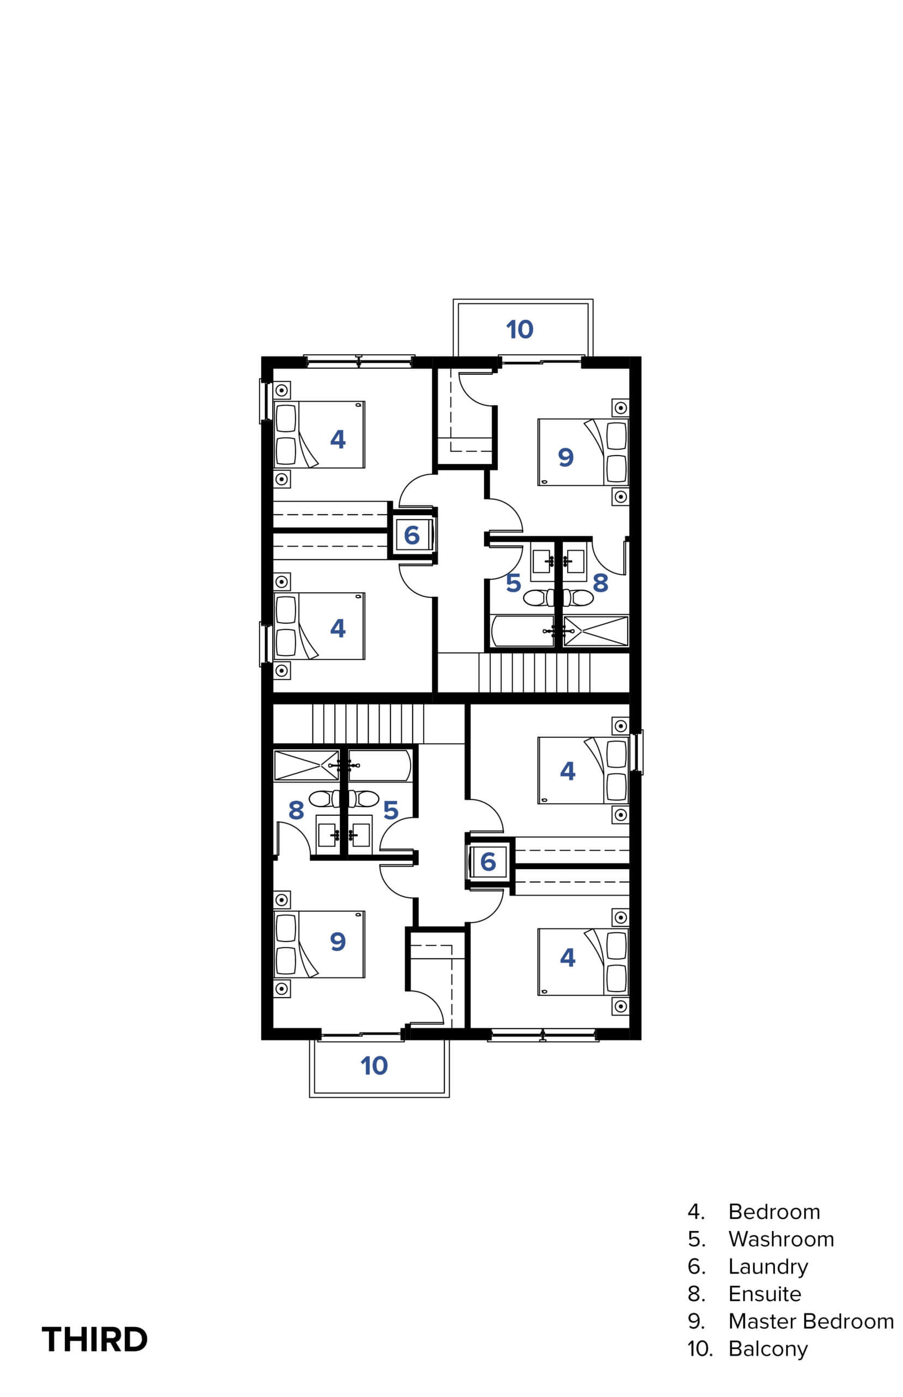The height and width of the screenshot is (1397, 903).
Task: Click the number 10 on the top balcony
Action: (x=520, y=329)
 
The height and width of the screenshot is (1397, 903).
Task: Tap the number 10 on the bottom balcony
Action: (x=374, y=1066)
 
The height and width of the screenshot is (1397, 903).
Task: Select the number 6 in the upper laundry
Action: (x=412, y=535)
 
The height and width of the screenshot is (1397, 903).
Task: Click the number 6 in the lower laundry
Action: (x=488, y=861)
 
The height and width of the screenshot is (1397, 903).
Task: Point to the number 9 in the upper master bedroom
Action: (x=565, y=457)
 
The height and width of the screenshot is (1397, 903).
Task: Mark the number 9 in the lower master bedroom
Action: (x=338, y=941)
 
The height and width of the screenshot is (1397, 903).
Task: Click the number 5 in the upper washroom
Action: (x=513, y=583)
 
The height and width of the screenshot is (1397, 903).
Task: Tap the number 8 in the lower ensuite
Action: (x=296, y=810)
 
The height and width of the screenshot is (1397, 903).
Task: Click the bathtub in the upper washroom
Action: (x=522, y=631)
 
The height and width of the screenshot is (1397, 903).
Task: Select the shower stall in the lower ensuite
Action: (x=306, y=765)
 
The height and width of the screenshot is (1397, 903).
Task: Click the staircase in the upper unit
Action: (x=534, y=672)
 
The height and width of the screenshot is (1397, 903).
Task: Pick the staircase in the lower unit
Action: (x=368, y=724)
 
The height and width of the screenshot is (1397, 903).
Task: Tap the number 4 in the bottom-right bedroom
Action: (x=567, y=957)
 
